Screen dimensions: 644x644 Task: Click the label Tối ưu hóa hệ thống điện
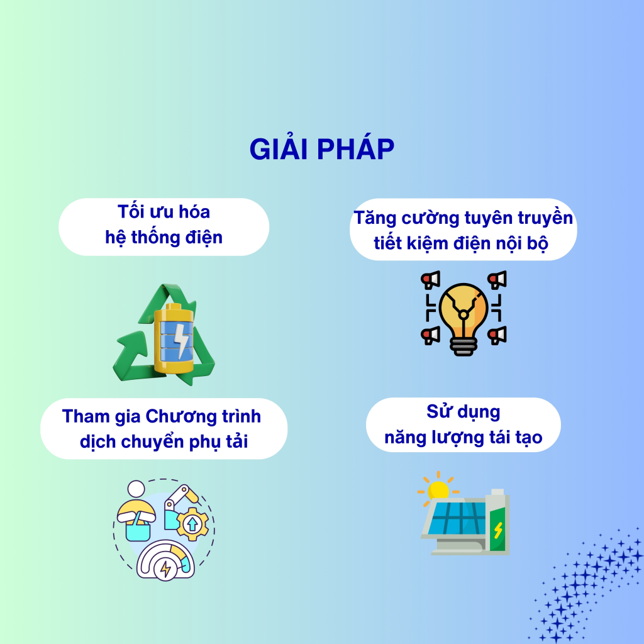164,225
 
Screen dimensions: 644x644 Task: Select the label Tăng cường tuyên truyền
464,218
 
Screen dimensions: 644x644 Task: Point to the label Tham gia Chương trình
162,416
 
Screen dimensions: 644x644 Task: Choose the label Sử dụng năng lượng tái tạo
464,425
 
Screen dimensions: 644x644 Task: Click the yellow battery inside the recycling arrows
174,338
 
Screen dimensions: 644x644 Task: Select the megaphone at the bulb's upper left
430,280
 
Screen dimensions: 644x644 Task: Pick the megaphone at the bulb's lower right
497,335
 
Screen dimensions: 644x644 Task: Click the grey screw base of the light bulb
464,347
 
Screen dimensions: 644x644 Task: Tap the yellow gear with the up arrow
192,524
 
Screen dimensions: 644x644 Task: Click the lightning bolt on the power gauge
165,569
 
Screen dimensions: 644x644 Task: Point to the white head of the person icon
136,489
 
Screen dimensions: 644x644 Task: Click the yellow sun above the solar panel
438,489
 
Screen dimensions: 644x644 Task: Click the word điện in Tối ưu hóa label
204,238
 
